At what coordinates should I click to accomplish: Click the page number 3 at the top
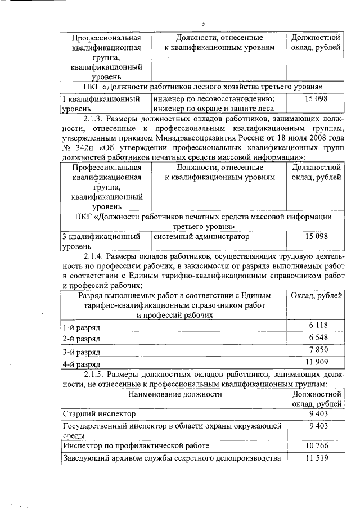coord(203,23)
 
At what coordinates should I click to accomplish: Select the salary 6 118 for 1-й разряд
coord(317,326)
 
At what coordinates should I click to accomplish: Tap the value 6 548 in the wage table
coord(317,338)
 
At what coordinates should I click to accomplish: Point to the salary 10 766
coord(317,445)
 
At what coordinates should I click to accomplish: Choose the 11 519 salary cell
coord(317,458)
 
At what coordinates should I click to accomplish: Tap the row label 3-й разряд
coord(82,352)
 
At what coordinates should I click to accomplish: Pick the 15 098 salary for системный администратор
coord(317,237)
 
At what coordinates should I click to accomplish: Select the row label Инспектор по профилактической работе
coord(136,445)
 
